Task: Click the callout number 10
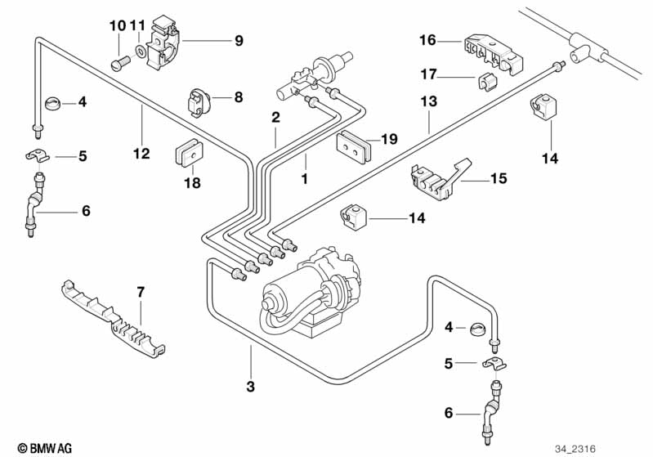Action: coord(118,25)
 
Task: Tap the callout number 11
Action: coord(137,25)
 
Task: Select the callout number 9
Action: coord(239,40)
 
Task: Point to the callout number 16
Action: coord(428,38)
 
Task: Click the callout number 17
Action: coord(428,74)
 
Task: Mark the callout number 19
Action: coord(389,140)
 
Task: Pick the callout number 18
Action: coord(191,183)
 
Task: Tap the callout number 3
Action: coord(251,385)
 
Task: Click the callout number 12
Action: coord(141,153)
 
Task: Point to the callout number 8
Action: coord(239,96)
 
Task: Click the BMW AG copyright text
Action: coord(39,448)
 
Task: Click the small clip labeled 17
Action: coord(486,83)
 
